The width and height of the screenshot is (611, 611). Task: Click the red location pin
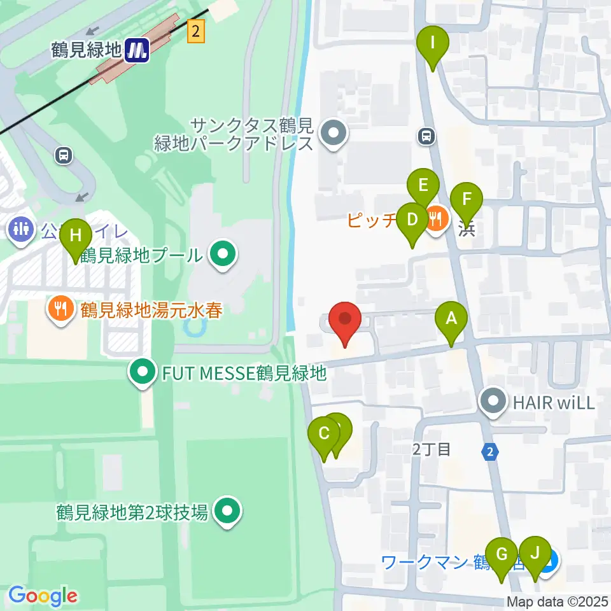(345, 320)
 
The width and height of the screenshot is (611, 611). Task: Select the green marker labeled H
(76, 236)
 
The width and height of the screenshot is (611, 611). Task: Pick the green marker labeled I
(433, 45)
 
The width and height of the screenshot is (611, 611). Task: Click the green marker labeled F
(467, 200)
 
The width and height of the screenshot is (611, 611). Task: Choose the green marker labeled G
(502, 555)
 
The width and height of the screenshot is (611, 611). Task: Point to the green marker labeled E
(423, 186)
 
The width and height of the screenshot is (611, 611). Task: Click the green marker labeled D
(412, 221)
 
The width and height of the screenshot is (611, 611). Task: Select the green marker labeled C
(324, 435)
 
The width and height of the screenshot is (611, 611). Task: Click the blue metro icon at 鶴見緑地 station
(137, 50)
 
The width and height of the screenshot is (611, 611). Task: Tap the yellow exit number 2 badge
(197, 31)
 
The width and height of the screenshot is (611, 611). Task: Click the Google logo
(43, 596)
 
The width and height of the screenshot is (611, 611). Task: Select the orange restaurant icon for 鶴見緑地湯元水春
(60, 309)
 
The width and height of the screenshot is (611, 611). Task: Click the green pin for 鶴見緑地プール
(222, 255)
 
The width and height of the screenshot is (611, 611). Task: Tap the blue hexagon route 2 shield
(489, 451)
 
